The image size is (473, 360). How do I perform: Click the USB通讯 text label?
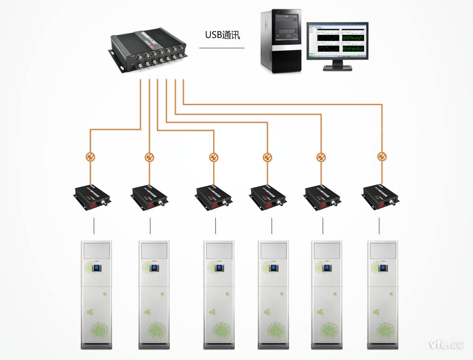pyautogui.click(x=221, y=35)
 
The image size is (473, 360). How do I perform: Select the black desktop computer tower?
pyautogui.click(x=280, y=42)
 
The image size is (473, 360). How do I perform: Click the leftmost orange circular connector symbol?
pyautogui.click(x=90, y=157)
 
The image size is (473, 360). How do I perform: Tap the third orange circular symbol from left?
pyautogui.click(x=214, y=157)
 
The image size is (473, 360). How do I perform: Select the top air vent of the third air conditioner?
pyautogui.click(x=219, y=250)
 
